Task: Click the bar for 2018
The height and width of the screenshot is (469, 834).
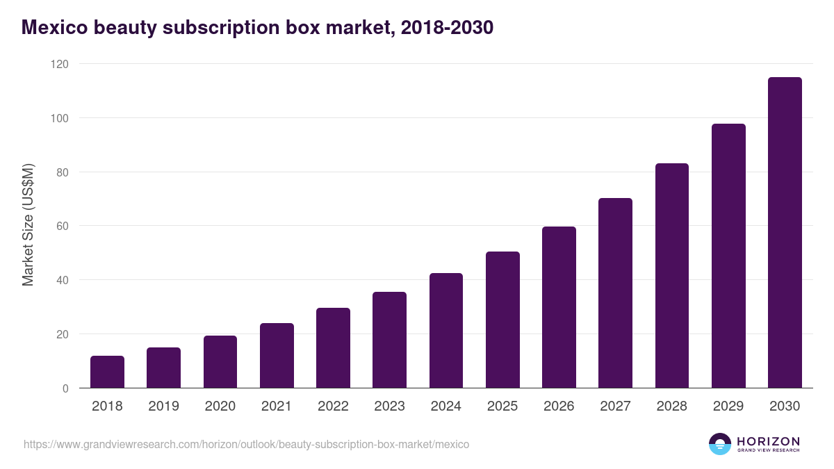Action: [107, 372]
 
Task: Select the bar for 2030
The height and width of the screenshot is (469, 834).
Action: [785, 233]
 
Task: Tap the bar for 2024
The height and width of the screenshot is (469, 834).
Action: [446, 331]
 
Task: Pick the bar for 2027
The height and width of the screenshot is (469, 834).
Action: [615, 293]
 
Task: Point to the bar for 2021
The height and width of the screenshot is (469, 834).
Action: [277, 356]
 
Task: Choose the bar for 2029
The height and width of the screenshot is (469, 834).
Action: [728, 256]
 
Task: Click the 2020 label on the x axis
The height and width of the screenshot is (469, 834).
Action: [220, 406]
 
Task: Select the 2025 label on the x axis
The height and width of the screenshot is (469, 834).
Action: [502, 406]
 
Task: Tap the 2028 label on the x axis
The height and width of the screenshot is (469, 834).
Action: [671, 406]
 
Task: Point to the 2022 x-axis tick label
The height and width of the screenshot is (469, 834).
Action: [333, 406]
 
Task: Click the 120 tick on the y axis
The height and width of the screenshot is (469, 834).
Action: [59, 64]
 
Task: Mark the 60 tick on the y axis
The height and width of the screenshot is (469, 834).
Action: [62, 226]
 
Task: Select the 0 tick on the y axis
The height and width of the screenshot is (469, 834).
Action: [65, 388]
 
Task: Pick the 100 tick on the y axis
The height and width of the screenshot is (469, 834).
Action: [59, 118]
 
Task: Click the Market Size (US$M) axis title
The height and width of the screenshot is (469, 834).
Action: [28, 226]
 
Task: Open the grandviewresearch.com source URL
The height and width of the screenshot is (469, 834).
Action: [246, 444]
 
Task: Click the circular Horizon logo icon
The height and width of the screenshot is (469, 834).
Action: [720, 444]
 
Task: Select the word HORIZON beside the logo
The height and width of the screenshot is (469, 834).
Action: [768, 441]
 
